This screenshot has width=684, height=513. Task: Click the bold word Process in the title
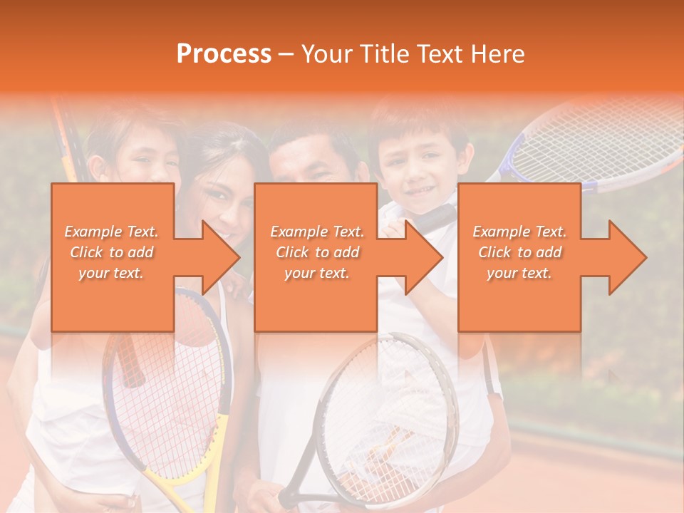(x=224, y=54)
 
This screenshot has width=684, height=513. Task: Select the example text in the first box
(x=111, y=252)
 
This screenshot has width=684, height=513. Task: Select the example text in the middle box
(x=317, y=252)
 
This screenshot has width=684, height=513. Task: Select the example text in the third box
(x=519, y=252)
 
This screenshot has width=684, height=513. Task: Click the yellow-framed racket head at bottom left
(x=171, y=385)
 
